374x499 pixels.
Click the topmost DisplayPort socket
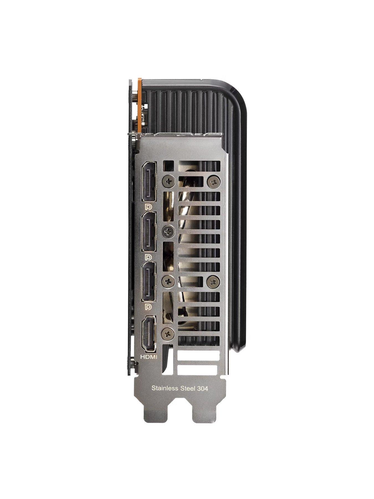coord(148,182)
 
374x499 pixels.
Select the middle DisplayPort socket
coord(148,231)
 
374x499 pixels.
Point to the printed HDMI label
coord(149,357)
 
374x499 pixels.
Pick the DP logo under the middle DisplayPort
coord(148,256)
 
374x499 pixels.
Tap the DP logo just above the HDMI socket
coord(148,306)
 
